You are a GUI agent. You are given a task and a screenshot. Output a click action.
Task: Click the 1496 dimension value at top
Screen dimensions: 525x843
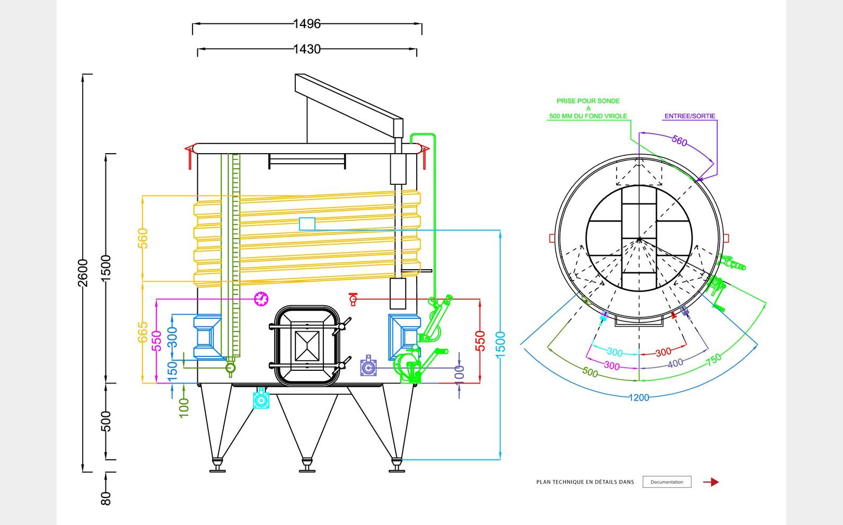coord(307,24)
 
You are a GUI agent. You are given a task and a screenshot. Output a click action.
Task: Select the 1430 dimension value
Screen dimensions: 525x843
coord(307,49)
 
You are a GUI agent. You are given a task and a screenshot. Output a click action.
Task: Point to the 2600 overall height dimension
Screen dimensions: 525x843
coord(83,273)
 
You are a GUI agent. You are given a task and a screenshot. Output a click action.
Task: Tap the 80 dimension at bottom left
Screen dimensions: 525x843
coord(106,499)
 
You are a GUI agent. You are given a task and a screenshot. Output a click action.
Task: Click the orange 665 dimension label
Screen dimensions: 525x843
coord(143,332)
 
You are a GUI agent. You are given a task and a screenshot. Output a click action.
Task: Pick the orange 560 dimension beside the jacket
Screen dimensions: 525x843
coord(143,238)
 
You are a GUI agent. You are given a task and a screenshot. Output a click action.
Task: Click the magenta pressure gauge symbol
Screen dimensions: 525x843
coord(261,299)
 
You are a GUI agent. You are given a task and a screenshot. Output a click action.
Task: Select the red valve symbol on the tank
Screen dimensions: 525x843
coord(353,299)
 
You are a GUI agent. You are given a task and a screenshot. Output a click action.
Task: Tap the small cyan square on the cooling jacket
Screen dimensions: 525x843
coord(307,224)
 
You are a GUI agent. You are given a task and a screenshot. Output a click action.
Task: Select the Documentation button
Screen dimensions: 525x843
coord(666,482)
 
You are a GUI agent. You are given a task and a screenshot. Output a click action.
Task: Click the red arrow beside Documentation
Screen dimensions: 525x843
coord(711,482)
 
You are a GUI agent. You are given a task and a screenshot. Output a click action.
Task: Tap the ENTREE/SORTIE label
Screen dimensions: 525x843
coord(690,116)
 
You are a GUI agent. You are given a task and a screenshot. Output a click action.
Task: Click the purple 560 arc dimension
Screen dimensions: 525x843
coord(679,141)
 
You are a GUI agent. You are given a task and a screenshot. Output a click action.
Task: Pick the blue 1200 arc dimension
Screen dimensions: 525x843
coord(639,397)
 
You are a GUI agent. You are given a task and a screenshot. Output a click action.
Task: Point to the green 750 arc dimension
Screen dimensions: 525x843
coord(714,359)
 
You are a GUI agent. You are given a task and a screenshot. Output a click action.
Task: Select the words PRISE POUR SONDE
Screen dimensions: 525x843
coord(588,101)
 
